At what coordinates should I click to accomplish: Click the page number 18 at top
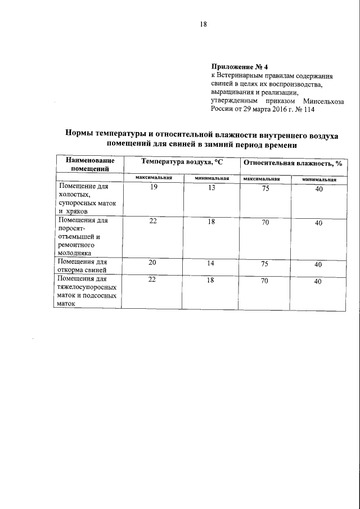(204, 24)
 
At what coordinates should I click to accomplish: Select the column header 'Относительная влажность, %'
(293, 162)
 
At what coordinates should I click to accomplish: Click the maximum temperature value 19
(154, 189)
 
